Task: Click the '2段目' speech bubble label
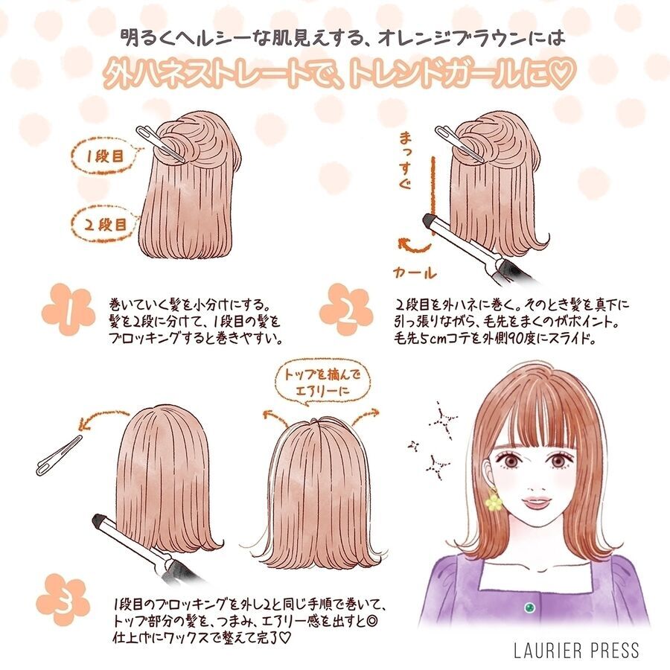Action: pyautogui.click(x=106, y=224)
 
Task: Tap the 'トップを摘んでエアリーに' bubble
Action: pyautogui.click(x=322, y=383)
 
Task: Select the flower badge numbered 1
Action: pyautogui.click(x=68, y=310)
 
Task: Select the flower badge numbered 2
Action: pyautogui.click(x=346, y=310)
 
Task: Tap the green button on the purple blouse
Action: pyautogui.click(x=530, y=607)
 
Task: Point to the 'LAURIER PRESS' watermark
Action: pyautogui.click(x=576, y=651)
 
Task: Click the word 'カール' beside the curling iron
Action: pyautogui.click(x=415, y=272)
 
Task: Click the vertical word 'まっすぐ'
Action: pyautogui.click(x=405, y=160)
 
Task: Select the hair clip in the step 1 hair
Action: pyautogui.click(x=160, y=144)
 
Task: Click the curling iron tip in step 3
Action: pyautogui.click(x=100, y=521)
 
